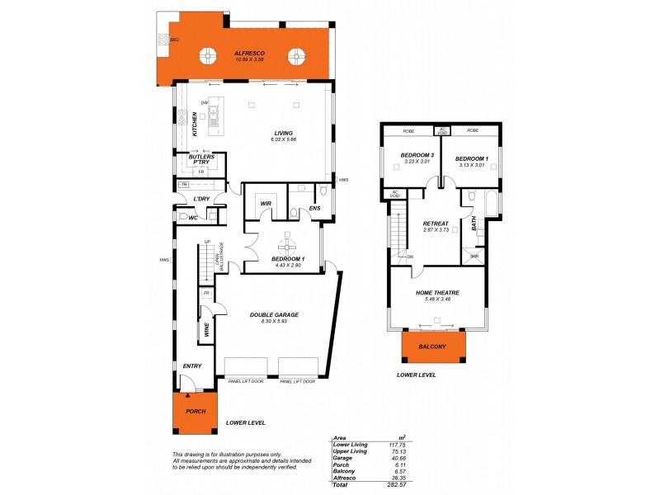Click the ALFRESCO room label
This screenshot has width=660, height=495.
(x=248, y=53)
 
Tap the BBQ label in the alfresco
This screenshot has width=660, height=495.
(x=174, y=39)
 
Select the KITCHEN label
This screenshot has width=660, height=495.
(x=196, y=124)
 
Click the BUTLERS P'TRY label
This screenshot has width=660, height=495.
(x=201, y=159)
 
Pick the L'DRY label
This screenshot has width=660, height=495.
(x=201, y=199)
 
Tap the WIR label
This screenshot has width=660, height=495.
(x=266, y=203)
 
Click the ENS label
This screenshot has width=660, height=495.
(x=314, y=210)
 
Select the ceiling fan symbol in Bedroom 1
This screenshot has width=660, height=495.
(x=287, y=246)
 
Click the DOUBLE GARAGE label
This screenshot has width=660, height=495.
(x=274, y=314)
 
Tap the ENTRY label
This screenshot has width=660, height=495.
(x=191, y=365)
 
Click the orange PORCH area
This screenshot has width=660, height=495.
(x=195, y=412)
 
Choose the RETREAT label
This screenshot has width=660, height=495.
(x=435, y=224)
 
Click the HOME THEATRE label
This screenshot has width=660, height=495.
(x=437, y=293)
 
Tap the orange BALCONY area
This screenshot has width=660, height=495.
(x=432, y=346)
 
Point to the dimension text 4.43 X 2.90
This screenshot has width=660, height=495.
(x=287, y=265)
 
